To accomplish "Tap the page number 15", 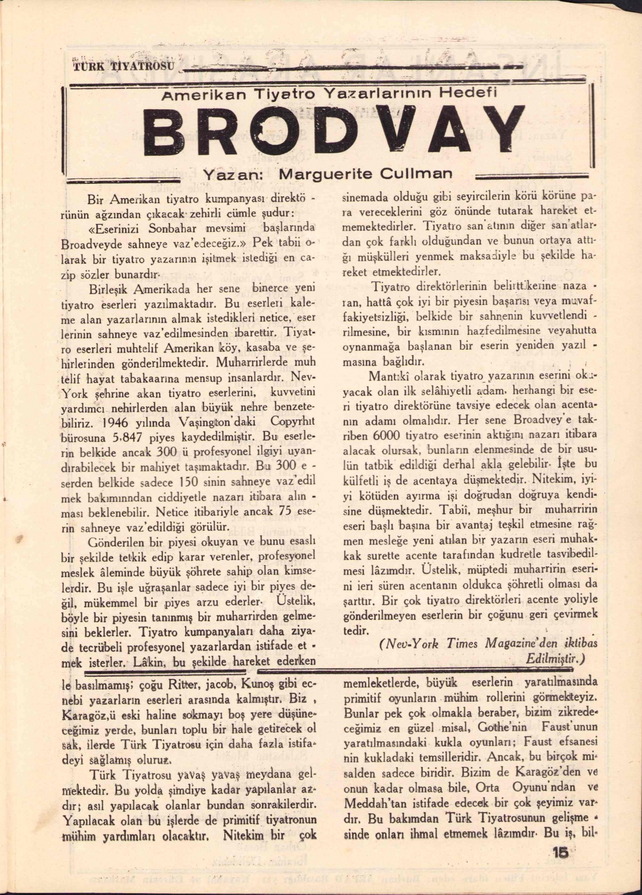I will pyautogui.click(x=560, y=853).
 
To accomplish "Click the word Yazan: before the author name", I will pyautogui.click(x=230, y=175).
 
